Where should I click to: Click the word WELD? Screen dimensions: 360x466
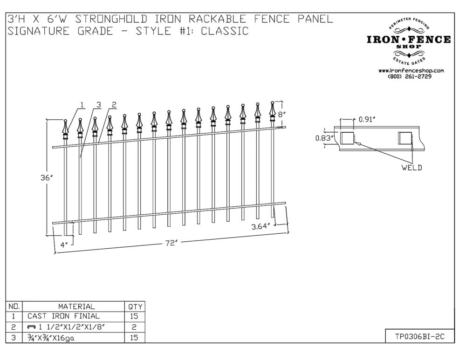point(411,167)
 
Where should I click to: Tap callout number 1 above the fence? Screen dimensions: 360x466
point(82,105)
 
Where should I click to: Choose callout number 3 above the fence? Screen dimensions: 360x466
point(98,105)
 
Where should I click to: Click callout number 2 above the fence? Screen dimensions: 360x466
point(114,105)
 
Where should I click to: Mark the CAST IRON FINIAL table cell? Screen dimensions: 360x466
point(63,316)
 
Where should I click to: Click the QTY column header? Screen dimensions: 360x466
point(134,306)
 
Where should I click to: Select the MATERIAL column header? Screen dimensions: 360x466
point(76,306)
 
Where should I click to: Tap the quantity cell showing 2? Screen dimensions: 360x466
point(134,327)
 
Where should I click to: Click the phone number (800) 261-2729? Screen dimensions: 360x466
point(410,76)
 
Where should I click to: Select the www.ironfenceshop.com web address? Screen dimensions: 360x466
point(411,70)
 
